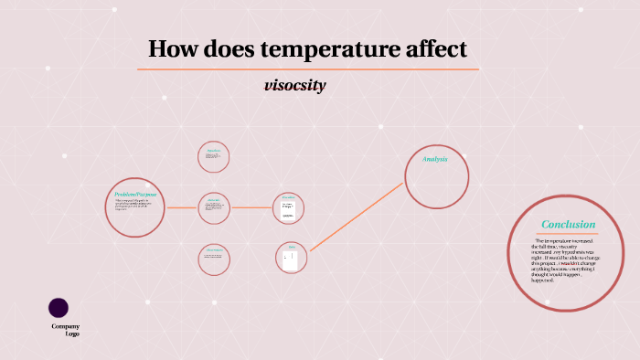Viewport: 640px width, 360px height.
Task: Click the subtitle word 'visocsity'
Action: tap(294, 86)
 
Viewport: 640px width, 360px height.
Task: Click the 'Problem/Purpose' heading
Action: tap(136, 195)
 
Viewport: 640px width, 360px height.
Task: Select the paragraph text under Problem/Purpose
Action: tap(133, 206)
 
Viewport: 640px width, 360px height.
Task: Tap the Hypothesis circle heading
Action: tap(214, 150)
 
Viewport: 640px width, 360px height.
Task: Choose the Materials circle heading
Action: tap(214, 199)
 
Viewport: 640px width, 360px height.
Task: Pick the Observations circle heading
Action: tap(214, 250)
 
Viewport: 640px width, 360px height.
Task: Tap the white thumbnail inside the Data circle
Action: tap(291, 259)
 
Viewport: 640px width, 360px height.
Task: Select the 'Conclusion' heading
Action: tap(568, 224)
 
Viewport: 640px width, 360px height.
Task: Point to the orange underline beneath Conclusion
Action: tap(568, 234)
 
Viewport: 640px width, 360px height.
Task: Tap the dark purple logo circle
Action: tap(59, 308)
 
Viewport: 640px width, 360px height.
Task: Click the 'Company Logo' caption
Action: tap(66, 330)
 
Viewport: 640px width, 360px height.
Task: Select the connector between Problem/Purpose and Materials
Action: tap(182, 207)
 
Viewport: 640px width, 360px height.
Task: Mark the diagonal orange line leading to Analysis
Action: tap(357, 217)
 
